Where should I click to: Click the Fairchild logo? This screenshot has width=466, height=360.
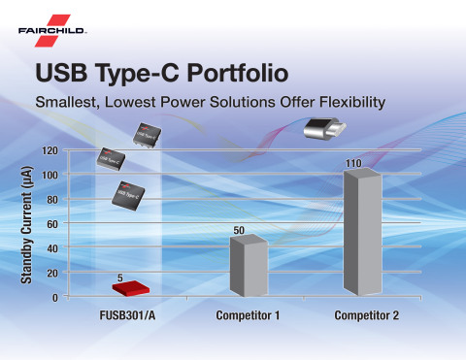point(52,28)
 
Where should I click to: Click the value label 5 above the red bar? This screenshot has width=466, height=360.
point(119,277)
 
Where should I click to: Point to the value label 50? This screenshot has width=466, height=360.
point(238,229)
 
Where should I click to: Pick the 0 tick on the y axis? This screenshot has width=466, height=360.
point(55,298)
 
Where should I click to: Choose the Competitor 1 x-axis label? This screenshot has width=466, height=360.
point(247,316)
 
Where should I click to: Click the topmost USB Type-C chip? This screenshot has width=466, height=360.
point(148,133)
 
